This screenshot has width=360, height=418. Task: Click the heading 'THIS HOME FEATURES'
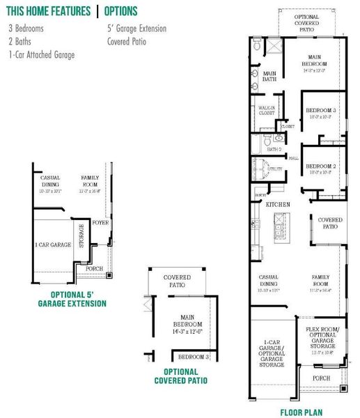[49, 11]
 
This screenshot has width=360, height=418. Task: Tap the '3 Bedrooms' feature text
[26, 29]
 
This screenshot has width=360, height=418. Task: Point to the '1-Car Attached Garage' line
[42, 54]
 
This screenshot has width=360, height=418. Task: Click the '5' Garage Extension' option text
[136, 29]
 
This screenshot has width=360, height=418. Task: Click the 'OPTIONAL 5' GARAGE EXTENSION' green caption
[72, 299]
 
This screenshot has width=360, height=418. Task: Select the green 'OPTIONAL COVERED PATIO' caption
[180, 376]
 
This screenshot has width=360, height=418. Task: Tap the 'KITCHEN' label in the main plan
[278, 204]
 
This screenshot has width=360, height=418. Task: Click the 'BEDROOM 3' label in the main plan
[322, 111]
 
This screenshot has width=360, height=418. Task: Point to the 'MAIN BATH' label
[269, 76]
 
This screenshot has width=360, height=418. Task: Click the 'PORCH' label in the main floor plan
[321, 378]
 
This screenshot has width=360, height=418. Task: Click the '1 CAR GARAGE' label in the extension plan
[53, 245]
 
